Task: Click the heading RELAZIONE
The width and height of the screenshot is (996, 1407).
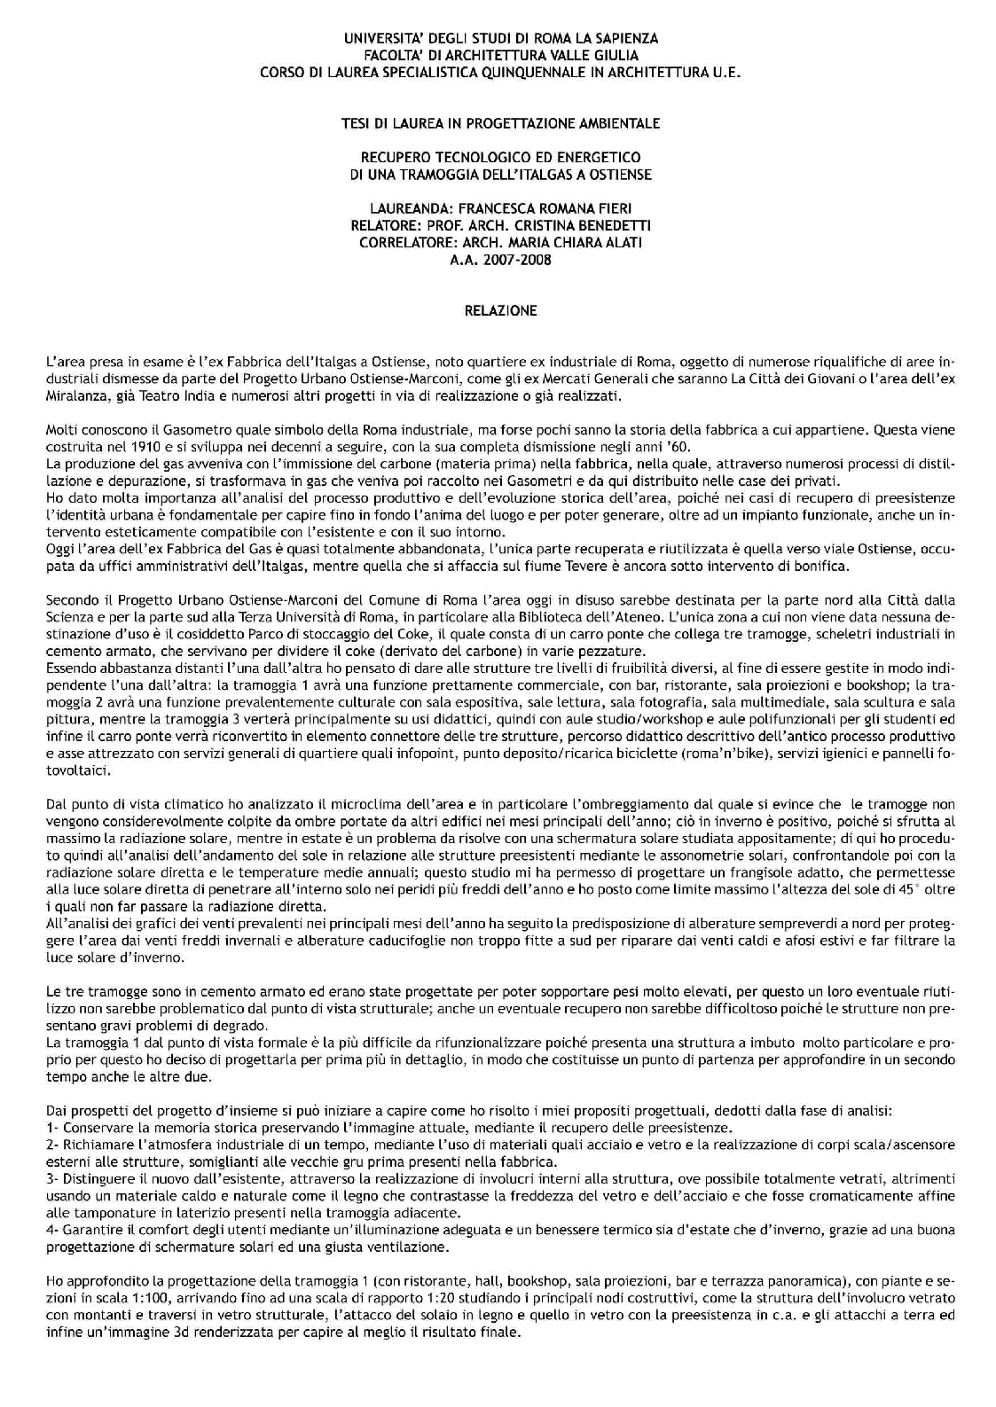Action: click(x=501, y=311)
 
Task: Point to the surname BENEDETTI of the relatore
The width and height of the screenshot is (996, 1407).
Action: click(x=603, y=225)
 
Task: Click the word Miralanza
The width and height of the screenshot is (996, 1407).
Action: click(x=75, y=395)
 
